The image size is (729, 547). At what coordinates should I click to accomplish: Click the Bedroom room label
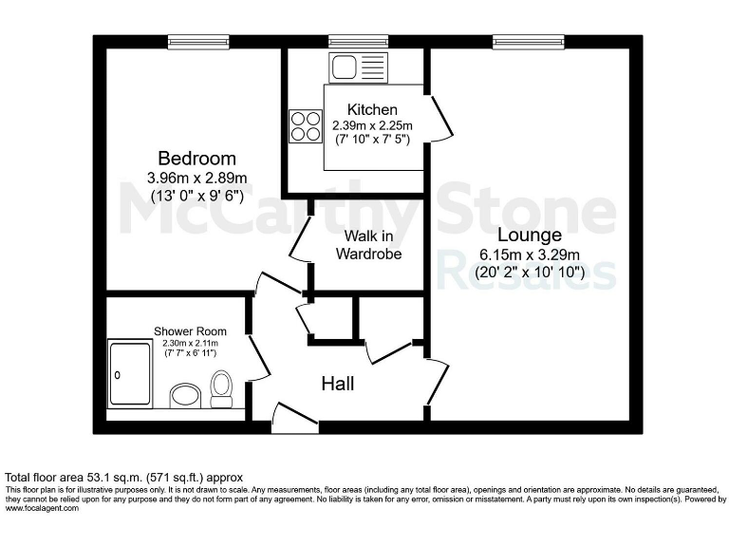pyautogui.click(x=197, y=158)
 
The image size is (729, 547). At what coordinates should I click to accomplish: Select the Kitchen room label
pyautogui.click(x=372, y=110)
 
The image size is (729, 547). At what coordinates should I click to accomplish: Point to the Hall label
pyautogui.click(x=338, y=384)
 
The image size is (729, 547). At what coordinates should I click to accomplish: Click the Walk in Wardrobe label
pyautogui.click(x=369, y=244)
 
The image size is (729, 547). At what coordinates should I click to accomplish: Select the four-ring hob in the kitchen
pyautogui.click(x=306, y=126)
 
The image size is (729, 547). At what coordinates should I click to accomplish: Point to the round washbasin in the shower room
pyautogui.click(x=182, y=394)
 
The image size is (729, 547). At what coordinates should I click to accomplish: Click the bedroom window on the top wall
pyautogui.click(x=194, y=41)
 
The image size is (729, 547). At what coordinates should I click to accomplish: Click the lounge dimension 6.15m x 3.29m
pyautogui.click(x=530, y=255)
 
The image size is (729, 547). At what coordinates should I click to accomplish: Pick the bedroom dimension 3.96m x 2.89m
pyautogui.click(x=197, y=178)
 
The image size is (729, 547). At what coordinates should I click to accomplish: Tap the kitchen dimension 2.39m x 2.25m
pyautogui.click(x=372, y=124)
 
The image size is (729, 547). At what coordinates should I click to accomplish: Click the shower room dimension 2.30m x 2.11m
pyautogui.click(x=190, y=343)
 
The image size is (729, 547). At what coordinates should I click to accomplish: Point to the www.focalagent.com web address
pyautogui.click(x=43, y=508)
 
